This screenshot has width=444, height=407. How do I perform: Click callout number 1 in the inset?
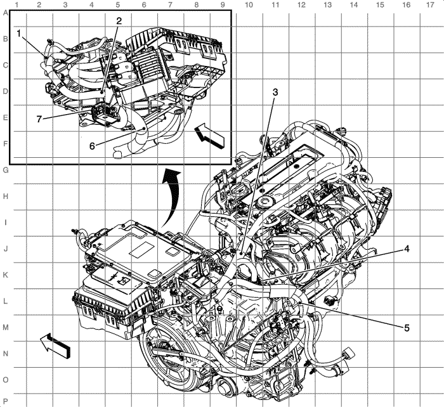tap(19, 34)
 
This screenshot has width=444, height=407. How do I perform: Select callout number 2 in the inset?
tap(119, 21)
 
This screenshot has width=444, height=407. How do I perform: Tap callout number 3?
tap(275, 93)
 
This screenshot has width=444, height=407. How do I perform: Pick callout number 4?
tap(407, 249)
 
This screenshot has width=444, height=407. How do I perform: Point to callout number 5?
tap(407, 328)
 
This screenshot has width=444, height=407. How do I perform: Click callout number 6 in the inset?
tap(92, 146)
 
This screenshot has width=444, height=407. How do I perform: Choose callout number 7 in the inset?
tap(39, 119)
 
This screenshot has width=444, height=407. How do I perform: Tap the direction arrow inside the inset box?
tap(209, 136)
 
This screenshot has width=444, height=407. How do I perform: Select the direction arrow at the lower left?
tap(55, 345)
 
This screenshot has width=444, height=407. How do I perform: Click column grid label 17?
tap(430, 4)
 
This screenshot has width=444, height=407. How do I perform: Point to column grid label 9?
tap(223, 4)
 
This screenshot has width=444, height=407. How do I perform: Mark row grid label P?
tap(5, 401)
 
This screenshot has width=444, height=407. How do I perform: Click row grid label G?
tap(5, 170)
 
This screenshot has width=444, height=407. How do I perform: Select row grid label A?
tap(5, 13)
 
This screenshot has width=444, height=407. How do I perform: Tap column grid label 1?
tap(16, 4)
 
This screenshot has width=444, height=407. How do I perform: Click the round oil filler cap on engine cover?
tap(266, 202)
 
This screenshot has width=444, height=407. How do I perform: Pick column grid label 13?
tap(327, 4)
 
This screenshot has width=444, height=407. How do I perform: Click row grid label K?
tap(5, 275)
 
